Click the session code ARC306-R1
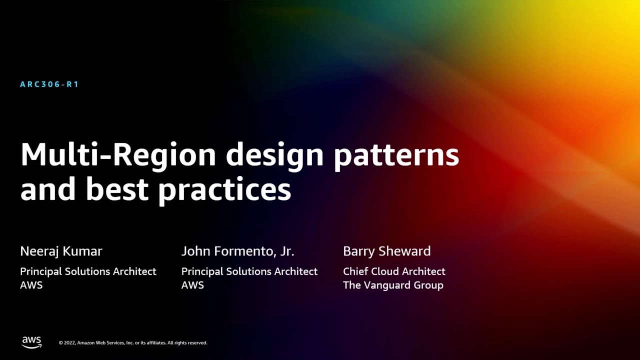49,84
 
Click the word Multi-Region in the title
118,155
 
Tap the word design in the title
275,156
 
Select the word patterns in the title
396,156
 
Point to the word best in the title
118,190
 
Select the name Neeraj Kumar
61,251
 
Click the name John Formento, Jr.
237,251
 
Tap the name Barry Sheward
386,251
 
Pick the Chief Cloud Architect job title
394,271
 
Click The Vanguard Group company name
393,285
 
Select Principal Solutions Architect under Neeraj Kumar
88,271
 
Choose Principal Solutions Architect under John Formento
249,271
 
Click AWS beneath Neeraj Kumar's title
31,285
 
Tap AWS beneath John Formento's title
192,285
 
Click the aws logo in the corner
31,342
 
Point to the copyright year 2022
69,343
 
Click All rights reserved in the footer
187,343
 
